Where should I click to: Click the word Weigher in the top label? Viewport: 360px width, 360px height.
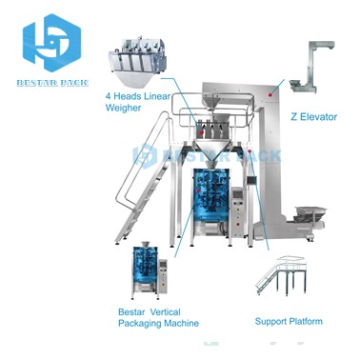127,109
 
